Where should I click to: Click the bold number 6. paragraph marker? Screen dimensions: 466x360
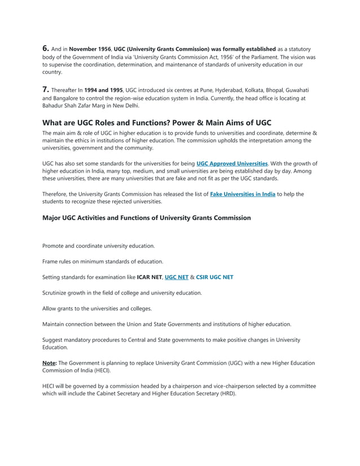[47, 49]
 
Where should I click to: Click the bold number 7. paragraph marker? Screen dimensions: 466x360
[47, 90]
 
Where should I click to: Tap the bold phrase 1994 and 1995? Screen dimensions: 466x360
[103, 91]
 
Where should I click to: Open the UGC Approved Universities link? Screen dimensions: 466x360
[232, 164]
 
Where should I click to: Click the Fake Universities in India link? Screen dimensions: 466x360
[243, 194]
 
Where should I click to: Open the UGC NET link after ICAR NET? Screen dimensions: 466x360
[177, 277]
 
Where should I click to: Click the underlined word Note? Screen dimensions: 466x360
[50, 363]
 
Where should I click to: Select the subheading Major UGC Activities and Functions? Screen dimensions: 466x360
[146, 218]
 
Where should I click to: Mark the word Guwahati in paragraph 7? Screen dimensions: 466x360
[295, 91]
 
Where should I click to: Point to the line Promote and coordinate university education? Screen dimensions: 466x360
[99, 246]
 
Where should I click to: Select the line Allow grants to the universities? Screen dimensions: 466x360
[97, 309]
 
